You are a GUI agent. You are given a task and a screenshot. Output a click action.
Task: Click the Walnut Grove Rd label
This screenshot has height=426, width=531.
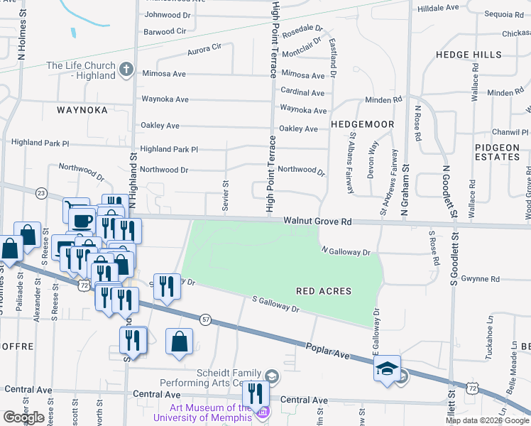click(x=317, y=222)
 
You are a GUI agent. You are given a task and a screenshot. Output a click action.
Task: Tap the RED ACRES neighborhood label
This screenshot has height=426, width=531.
click(x=324, y=291)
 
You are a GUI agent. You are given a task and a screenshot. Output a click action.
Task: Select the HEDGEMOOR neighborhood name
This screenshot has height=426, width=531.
click(x=362, y=124)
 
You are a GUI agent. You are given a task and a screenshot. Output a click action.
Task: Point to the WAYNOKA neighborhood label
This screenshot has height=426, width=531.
click(x=82, y=110)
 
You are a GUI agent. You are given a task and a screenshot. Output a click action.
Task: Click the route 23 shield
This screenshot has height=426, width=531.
click(x=41, y=193)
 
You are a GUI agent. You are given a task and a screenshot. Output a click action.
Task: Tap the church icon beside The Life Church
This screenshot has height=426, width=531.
click(x=126, y=69)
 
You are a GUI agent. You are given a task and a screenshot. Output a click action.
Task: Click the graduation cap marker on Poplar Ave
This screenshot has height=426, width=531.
click(x=387, y=369)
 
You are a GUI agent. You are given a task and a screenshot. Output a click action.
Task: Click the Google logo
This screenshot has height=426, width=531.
click(x=23, y=417)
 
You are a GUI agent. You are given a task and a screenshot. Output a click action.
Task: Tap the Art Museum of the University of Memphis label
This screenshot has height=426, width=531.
click(x=210, y=412)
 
